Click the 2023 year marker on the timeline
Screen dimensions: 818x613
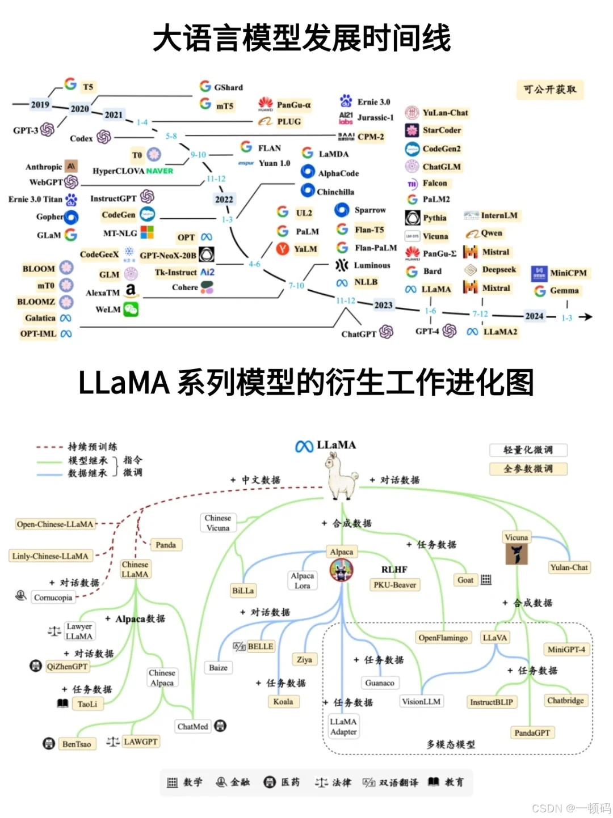(x=383, y=305)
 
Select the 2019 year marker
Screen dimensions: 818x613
(x=40, y=104)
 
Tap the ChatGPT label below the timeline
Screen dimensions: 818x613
(x=359, y=334)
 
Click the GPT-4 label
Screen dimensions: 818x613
(x=427, y=331)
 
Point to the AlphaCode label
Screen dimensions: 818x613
(x=338, y=173)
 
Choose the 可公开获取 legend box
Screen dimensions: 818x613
(x=549, y=90)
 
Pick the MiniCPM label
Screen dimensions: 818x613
(x=568, y=273)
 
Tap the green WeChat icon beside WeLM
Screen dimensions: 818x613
(x=131, y=309)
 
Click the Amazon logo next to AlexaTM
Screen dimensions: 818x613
(x=131, y=290)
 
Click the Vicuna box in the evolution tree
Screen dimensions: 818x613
(x=516, y=537)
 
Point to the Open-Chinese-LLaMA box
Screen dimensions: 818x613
(x=55, y=524)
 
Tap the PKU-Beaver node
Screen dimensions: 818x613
(x=394, y=585)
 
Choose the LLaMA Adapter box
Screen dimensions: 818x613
(x=343, y=727)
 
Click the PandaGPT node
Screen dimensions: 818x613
(x=532, y=732)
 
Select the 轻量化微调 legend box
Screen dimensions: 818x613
(x=528, y=450)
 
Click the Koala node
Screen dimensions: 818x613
(x=283, y=702)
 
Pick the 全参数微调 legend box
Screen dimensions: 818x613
(x=528, y=469)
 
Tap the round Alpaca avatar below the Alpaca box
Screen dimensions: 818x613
(x=341, y=570)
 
